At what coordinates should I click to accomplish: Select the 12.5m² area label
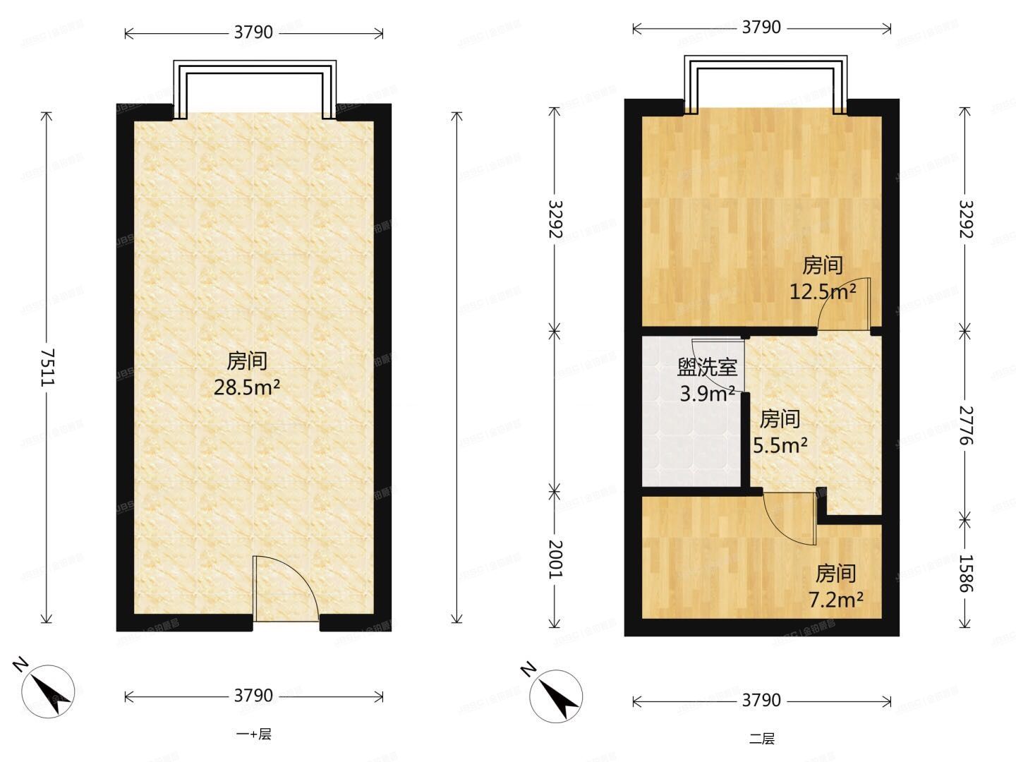822,291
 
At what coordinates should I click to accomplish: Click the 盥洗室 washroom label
707,367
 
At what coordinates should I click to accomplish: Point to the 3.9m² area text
707,393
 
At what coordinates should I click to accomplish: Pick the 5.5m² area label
780,445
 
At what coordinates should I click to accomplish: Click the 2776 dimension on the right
965,425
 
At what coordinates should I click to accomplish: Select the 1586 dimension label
965,572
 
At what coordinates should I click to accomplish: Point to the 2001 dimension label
555,559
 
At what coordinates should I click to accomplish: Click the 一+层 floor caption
253,734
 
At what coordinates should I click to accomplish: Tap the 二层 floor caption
761,739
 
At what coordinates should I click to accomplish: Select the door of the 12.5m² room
845,305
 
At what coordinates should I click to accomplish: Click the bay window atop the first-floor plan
255,90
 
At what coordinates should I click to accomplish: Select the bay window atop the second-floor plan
764,85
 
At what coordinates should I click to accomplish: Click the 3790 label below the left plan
253,696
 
